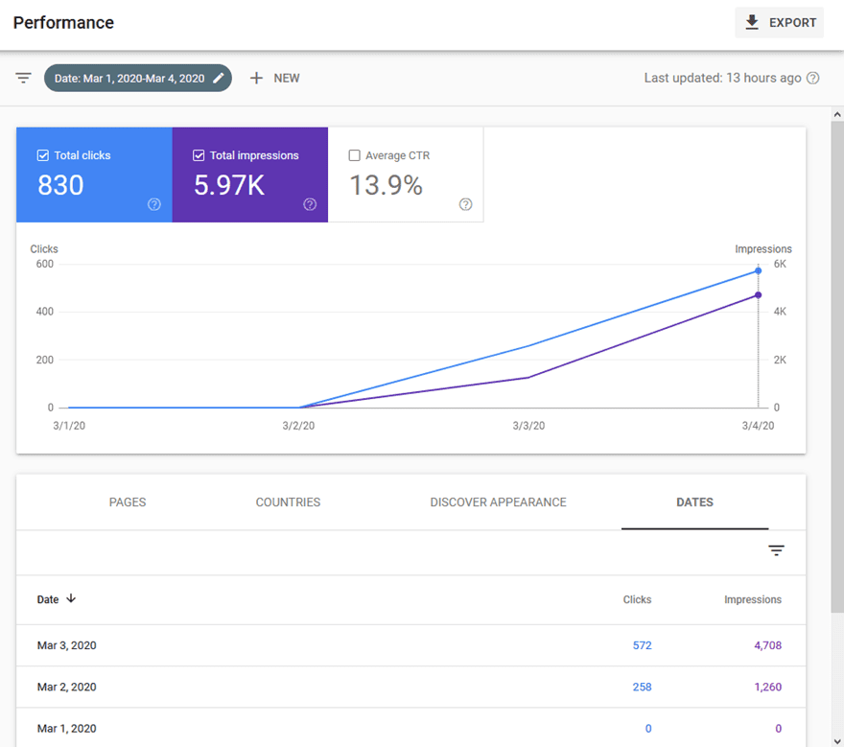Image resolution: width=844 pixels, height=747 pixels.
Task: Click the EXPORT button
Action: click(779, 23)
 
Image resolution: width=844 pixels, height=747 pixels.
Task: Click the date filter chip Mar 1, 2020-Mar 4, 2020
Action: click(137, 79)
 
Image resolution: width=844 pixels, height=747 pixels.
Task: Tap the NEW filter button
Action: click(274, 79)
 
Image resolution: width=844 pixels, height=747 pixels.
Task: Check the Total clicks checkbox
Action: click(42, 155)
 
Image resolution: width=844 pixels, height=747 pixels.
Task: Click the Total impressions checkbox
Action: click(199, 155)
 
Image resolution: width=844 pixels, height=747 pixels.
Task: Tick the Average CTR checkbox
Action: click(355, 155)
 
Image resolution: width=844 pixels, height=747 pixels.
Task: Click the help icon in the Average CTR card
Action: click(466, 204)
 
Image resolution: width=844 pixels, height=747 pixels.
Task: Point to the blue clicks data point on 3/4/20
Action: click(758, 271)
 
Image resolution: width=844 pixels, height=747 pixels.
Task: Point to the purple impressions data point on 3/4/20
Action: click(758, 295)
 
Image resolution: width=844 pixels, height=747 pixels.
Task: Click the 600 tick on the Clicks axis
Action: click(44, 264)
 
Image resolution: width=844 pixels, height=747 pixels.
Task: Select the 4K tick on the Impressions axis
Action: click(781, 312)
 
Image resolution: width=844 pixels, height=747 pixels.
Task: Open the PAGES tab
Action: click(128, 502)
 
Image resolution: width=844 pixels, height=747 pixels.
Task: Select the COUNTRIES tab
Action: click(288, 502)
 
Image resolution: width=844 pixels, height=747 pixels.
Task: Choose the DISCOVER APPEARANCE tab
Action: click(498, 502)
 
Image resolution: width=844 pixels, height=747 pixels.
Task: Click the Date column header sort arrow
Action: click(71, 599)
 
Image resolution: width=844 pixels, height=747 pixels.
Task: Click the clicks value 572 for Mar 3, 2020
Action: click(642, 645)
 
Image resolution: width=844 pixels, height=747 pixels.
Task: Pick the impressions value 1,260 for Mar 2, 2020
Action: click(767, 688)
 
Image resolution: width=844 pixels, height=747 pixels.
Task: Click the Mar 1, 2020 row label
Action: click(66, 729)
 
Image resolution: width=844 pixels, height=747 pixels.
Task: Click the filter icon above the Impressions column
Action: click(776, 550)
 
